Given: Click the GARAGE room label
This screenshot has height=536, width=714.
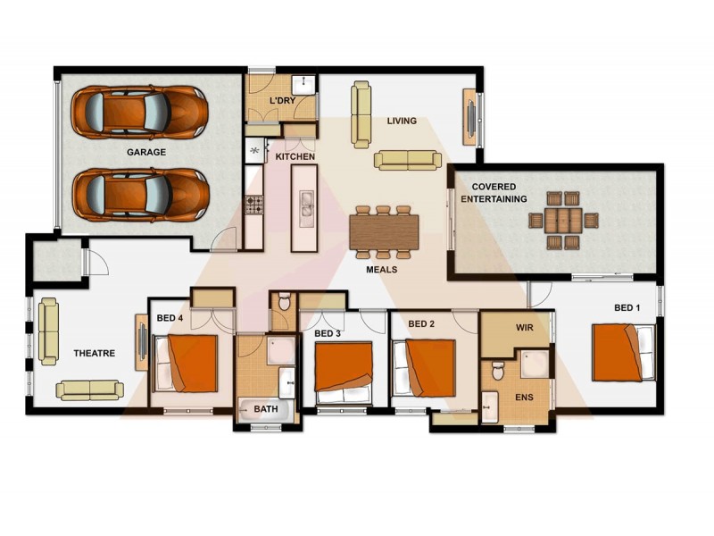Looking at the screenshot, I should coord(145,153).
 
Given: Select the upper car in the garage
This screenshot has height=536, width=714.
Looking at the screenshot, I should coord(140,111).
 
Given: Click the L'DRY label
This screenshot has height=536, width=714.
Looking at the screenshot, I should coord(283,102).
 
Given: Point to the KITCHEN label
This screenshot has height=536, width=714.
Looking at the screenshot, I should coord(295,157).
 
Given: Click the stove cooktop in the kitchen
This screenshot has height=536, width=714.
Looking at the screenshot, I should coord(254,205).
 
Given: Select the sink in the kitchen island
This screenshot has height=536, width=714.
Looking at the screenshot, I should coord(306,208).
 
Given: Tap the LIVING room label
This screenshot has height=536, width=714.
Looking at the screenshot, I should coord(402,121).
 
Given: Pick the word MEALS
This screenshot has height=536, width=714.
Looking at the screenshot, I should coord(382,269).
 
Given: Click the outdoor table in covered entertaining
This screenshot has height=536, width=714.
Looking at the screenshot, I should coord(563,220).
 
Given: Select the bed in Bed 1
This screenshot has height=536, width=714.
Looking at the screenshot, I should coord(623,352).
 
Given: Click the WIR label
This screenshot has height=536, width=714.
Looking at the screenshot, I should coord(525,328).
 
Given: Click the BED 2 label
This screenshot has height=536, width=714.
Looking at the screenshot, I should coord(421,323).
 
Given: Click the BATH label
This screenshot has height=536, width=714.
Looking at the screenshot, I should coord(265,409).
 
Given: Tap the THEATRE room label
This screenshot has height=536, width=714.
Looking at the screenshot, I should coord(94,354).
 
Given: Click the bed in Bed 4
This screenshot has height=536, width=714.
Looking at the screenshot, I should coord(187,362).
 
